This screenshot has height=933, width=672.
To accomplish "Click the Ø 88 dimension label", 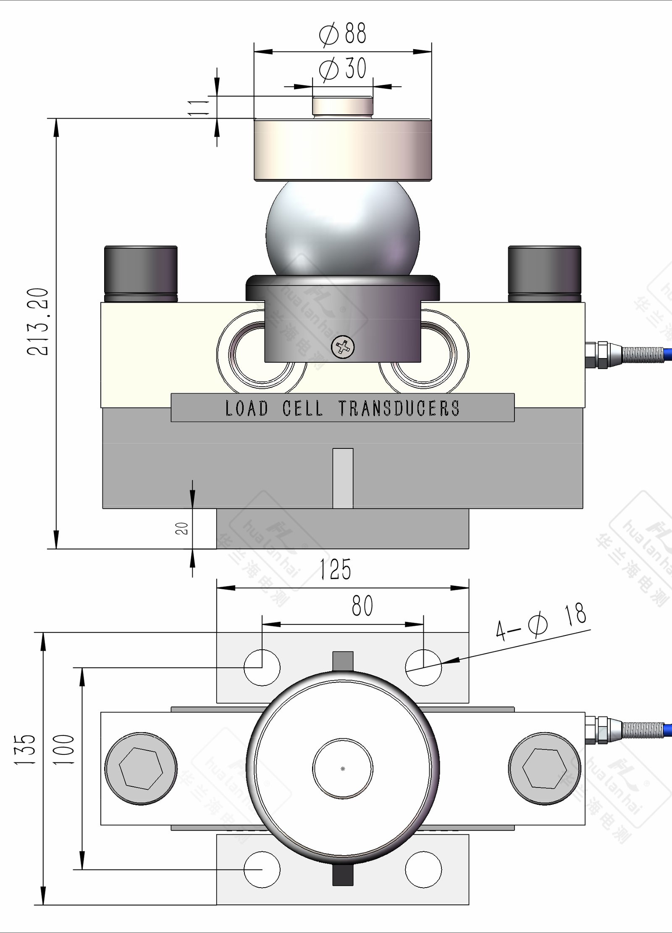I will [x=343, y=34].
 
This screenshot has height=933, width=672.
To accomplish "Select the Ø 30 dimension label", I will [x=343, y=69].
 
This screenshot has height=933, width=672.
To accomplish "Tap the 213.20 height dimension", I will [x=38, y=322].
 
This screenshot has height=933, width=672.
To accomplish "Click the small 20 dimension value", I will [x=181, y=528].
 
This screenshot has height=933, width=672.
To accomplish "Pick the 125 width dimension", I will [x=335, y=569].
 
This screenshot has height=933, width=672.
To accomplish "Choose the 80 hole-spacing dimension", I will [x=362, y=606].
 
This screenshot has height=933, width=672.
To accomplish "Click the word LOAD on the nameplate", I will [x=247, y=408].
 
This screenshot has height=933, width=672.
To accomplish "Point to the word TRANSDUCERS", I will [x=399, y=408].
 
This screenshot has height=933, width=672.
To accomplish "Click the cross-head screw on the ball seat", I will [x=343, y=347].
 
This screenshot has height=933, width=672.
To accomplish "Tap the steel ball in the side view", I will [x=342, y=229].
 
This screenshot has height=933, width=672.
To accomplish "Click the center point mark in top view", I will [x=343, y=769].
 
